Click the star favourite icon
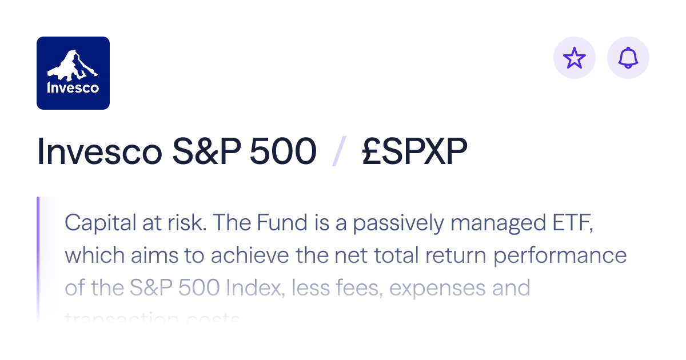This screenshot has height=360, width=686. [x=575, y=58]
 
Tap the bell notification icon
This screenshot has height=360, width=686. [x=628, y=58]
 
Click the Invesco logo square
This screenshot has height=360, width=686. [x=73, y=73]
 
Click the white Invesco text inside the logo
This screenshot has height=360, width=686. [x=73, y=88]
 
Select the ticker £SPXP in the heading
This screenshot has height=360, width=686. [x=414, y=153]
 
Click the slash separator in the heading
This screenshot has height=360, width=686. [x=338, y=153]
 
